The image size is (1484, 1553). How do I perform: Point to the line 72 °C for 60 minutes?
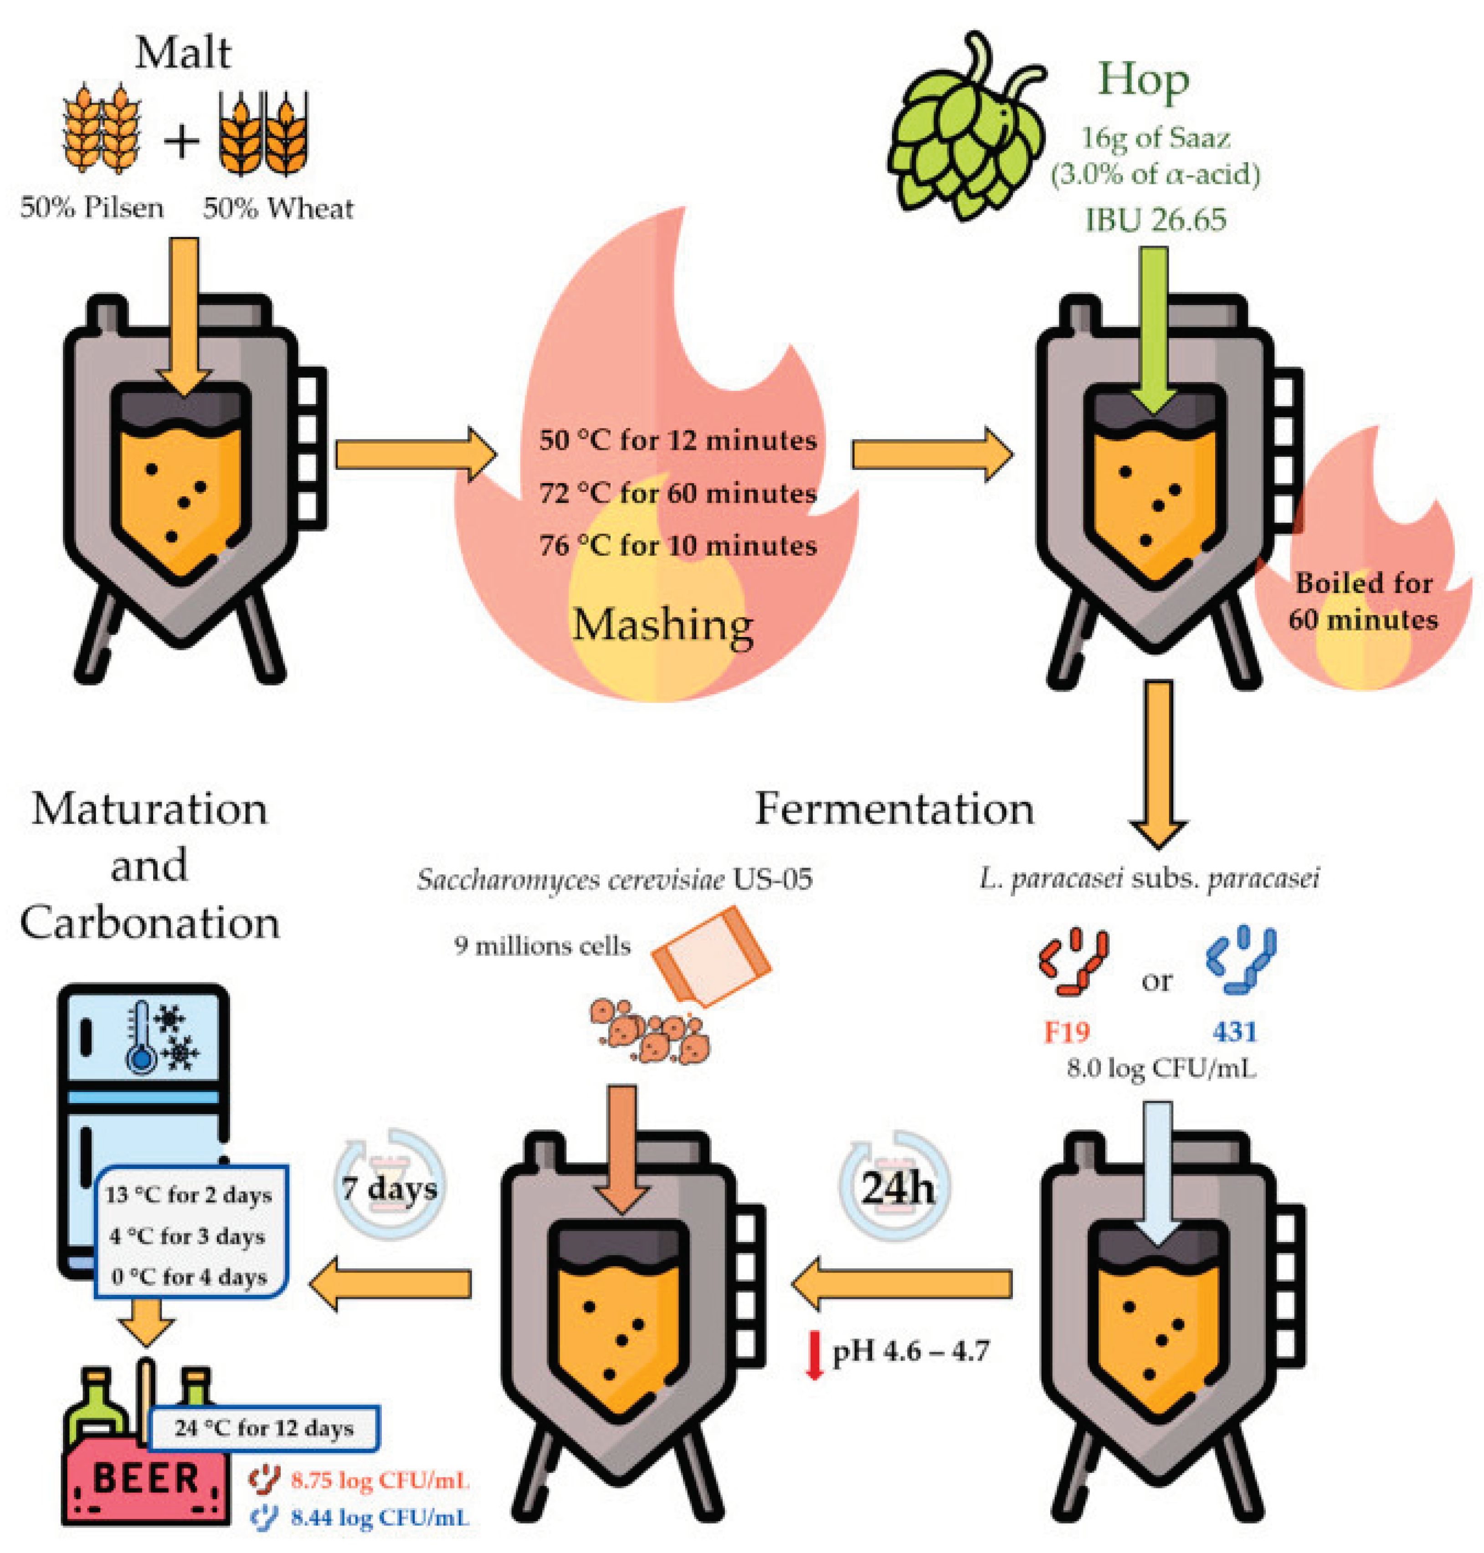pyautogui.click(x=678, y=493)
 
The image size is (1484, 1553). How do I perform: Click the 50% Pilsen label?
pyautogui.click(x=92, y=209)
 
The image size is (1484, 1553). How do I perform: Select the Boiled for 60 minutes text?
pyautogui.click(x=1362, y=601)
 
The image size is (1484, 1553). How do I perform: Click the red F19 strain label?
pyautogui.click(x=1066, y=1032)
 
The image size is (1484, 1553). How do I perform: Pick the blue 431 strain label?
pyautogui.click(x=1234, y=1032)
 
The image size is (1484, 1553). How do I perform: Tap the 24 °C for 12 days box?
pyautogui.click(x=263, y=1428)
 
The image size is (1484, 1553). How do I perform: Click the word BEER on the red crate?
pyautogui.click(x=145, y=1479)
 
